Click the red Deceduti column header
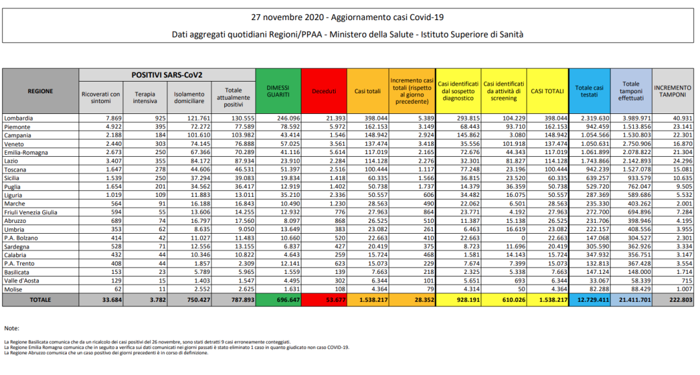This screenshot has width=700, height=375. coord(324,91)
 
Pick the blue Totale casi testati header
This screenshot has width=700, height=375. coord(590,91)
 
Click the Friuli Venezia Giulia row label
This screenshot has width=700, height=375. coord(31,212)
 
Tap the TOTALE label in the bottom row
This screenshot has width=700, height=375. coord(40,299)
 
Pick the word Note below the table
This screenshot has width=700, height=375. coord(12,328)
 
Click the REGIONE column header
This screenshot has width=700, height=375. coord(40,91)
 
